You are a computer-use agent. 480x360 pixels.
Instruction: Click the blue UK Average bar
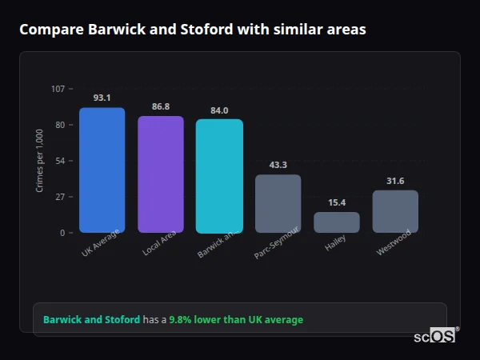(x=102, y=170)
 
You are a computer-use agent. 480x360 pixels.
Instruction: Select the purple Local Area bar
(x=161, y=174)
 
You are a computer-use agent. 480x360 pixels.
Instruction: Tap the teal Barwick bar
(x=219, y=176)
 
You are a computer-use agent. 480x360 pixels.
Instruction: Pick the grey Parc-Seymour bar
(x=278, y=204)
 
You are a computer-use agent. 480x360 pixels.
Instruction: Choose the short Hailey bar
(x=336, y=222)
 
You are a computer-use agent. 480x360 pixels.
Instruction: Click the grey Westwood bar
(x=395, y=211)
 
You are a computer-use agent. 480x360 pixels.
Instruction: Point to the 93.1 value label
(x=102, y=98)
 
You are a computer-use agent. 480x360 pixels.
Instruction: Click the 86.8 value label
(x=161, y=106)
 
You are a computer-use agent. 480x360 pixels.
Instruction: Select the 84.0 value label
(x=219, y=110)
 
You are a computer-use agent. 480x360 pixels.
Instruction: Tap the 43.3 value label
(x=278, y=165)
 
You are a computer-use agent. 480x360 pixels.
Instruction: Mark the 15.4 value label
(x=336, y=202)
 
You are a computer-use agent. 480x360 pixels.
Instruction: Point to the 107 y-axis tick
(x=58, y=89)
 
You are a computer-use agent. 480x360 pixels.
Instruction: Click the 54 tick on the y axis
(x=60, y=161)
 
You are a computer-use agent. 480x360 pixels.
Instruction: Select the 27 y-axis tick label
(x=60, y=197)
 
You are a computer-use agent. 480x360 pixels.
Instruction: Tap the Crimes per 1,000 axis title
(x=40, y=160)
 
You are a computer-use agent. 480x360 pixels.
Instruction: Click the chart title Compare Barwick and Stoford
(x=193, y=30)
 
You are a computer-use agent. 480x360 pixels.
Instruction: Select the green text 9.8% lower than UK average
(x=236, y=319)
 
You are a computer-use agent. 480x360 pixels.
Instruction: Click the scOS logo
(x=435, y=336)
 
